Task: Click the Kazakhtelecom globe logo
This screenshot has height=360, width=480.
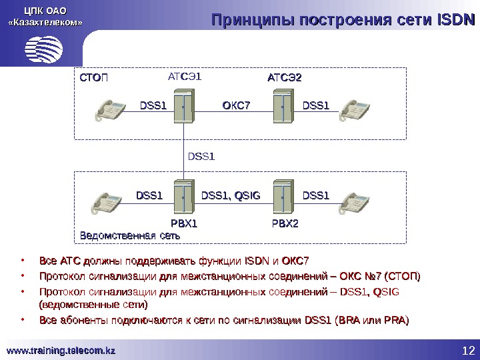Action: [44, 47]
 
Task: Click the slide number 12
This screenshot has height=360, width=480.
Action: [467, 351]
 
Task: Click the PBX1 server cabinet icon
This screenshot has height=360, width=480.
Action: [184, 197]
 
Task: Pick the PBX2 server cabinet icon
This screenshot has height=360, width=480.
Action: [284, 197]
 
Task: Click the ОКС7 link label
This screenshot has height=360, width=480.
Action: [236, 105]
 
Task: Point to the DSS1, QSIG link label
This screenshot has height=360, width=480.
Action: [231, 195]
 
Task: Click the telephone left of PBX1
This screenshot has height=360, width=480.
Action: [110, 201]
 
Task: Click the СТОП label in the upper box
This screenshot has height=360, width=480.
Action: [94, 78]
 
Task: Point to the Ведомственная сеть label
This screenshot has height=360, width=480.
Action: [129, 235]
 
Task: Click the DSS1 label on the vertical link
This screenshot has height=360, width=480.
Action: [202, 157]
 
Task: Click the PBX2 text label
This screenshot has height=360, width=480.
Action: [285, 223]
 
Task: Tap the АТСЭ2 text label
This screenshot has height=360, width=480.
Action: [285, 78]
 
